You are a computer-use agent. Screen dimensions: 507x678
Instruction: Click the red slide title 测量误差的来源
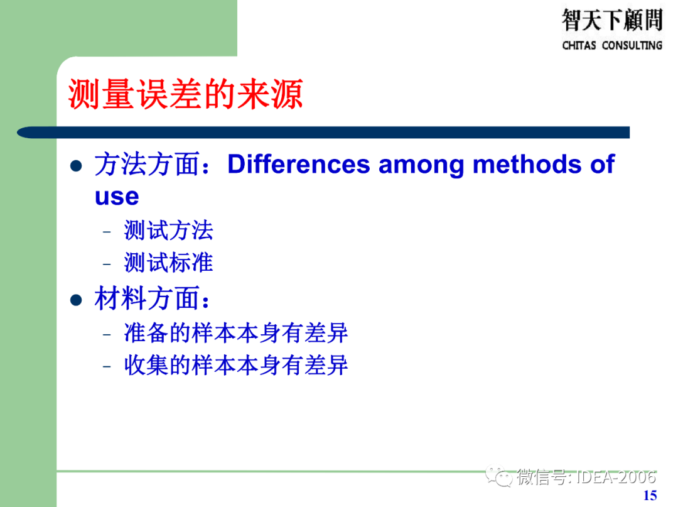[186, 95]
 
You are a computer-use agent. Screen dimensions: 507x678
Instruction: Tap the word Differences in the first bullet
[298, 165]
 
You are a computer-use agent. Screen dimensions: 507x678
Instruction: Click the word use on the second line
[117, 197]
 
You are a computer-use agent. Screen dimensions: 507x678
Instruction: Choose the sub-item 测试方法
[168, 231]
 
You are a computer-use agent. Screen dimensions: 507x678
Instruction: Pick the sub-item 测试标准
[168, 263]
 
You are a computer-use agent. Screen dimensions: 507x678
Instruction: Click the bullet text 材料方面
[147, 299]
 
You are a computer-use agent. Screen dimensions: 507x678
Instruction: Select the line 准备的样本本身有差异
[236, 333]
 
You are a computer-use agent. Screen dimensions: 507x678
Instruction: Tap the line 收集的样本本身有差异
[236, 366]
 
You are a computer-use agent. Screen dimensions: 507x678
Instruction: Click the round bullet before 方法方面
[76, 166]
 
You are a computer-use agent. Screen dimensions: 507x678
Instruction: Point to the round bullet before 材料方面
[76, 300]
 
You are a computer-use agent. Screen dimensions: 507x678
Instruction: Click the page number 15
[650, 495]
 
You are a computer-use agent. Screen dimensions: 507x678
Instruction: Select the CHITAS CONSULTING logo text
[611, 45]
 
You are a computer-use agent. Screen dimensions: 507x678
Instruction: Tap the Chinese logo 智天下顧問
[611, 20]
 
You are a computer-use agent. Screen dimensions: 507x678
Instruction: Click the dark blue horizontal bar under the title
[323, 133]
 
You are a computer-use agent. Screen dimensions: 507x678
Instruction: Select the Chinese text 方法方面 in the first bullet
[147, 165]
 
